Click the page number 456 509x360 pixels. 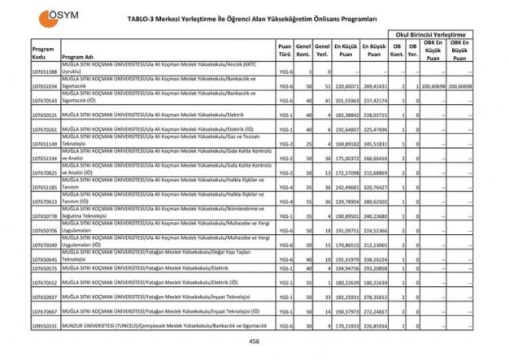click(254, 342)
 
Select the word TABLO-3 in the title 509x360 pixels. click(143, 17)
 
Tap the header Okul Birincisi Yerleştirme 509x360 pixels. click(429, 35)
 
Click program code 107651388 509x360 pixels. click(45, 72)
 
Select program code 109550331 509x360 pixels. click(45, 326)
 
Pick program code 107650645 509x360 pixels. click(45, 260)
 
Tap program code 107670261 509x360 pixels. click(45, 129)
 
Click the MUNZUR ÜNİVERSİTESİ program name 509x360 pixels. click(154, 326)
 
